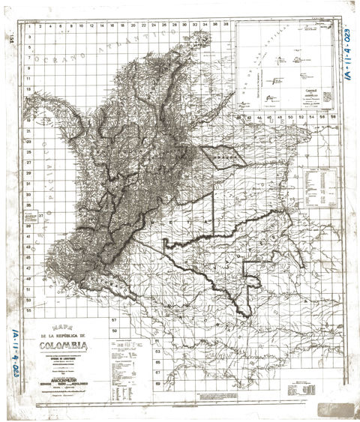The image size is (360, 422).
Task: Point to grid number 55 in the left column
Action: tap(28, 308)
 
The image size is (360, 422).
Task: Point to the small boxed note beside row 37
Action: tap(31, 217)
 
